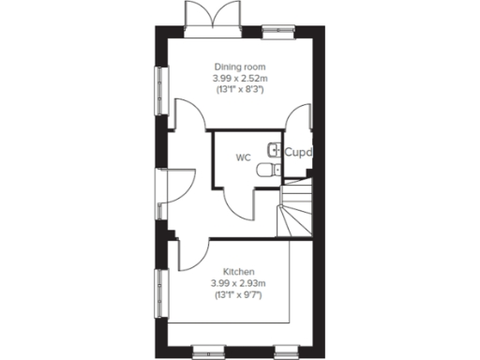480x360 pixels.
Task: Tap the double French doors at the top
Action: tap(206, 18)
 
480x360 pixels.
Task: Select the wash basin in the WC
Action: tap(275, 149)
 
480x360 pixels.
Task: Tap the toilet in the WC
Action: tap(269, 170)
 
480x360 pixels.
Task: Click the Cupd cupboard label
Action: tap(297, 151)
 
